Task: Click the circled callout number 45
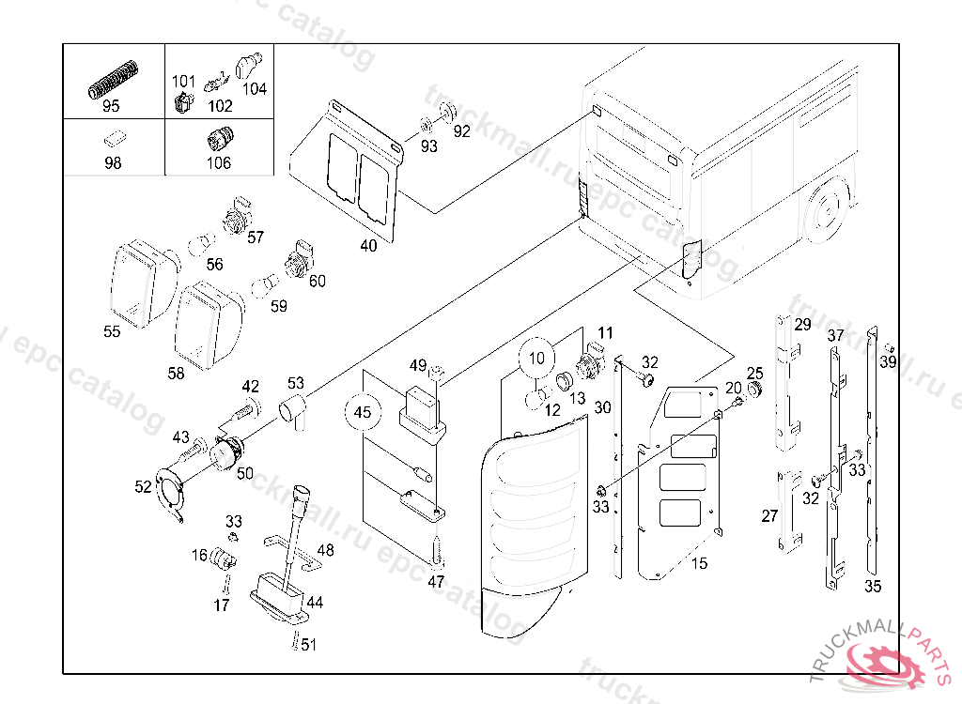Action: point(363,411)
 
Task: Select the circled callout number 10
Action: point(536,358)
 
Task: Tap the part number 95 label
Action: point(111,106)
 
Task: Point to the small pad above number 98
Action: point(113,138)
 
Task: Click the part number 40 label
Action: point(368,246)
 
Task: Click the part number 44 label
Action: point(315,602)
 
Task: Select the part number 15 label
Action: point(699,563)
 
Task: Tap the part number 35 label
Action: point(873,587)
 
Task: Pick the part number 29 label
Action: point(801,326)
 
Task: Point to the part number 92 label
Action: point(461,131)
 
